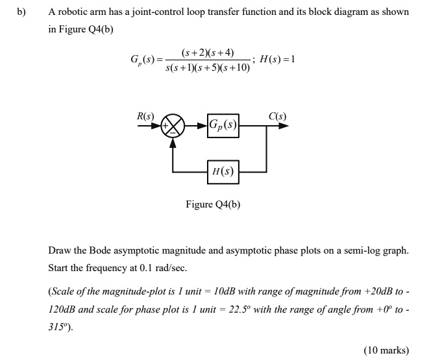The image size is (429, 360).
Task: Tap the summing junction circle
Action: click(173, 125)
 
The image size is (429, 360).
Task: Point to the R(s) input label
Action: click(145, 117)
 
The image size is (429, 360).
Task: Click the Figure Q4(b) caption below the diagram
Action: click(213, 205)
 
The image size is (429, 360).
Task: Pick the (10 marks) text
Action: click(386, 350)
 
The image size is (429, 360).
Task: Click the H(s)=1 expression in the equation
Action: click(277, 59)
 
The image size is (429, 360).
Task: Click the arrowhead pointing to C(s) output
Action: click(284, 125)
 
